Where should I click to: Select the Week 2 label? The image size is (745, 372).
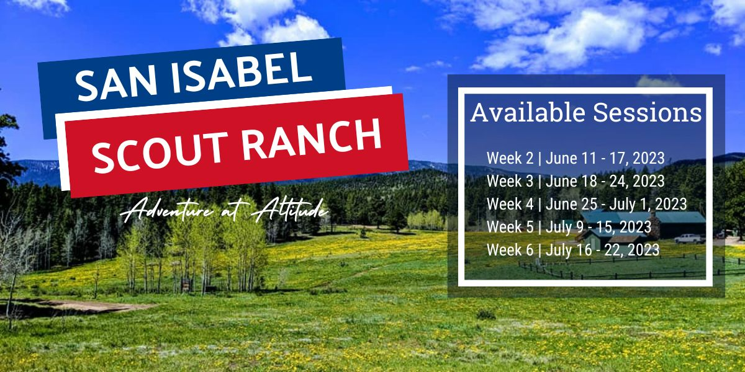coord(510,158)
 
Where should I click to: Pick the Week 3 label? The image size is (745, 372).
coord(510,181)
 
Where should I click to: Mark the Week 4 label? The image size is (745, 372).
coord(510,204)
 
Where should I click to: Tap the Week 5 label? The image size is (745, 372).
coord(510,227)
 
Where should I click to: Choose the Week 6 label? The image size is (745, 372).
coord(510,250)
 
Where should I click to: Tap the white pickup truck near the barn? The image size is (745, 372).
coord(687,238)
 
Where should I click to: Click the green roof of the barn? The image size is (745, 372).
coord(680,217)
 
